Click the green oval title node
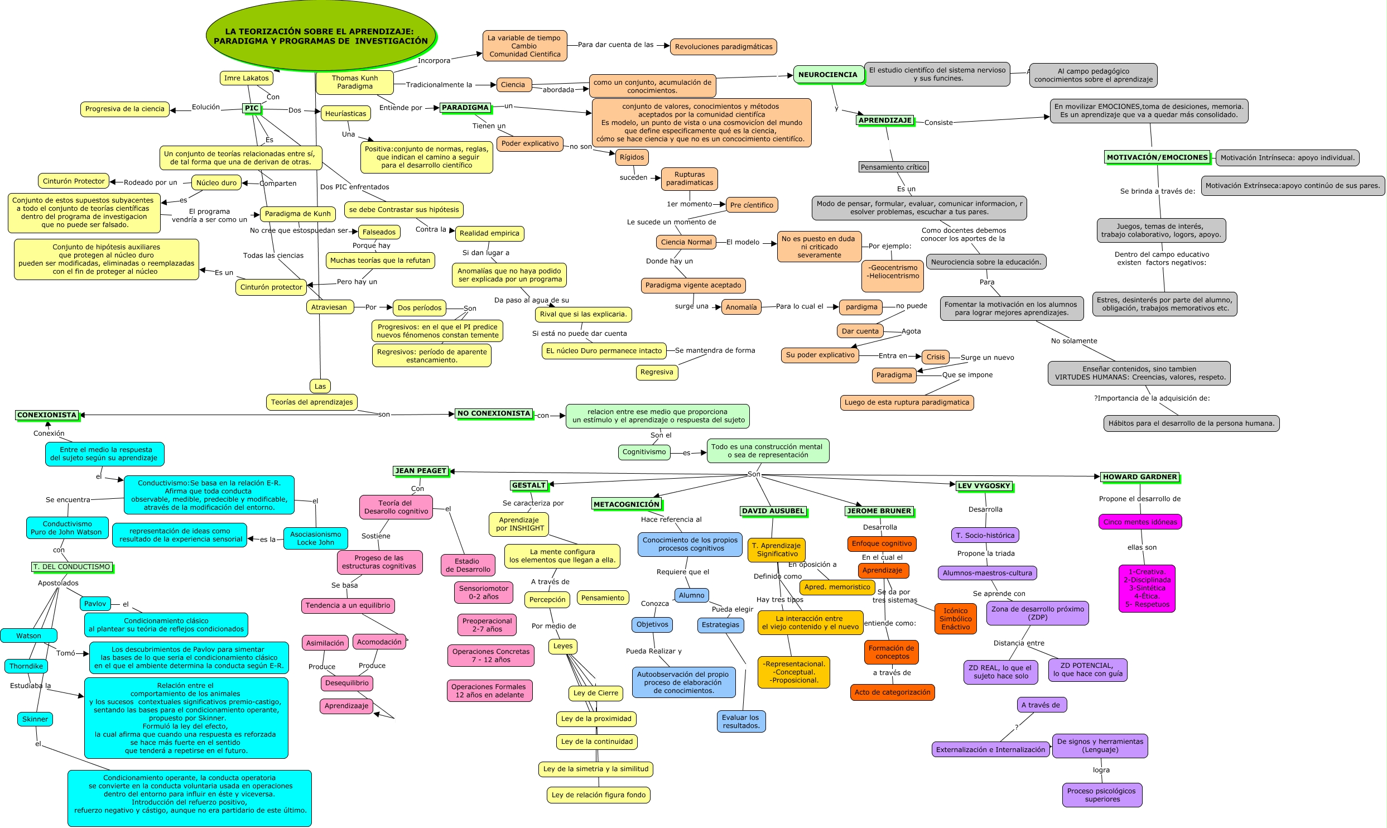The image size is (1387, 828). point(320,36)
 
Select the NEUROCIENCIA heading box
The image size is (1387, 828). point(827,75)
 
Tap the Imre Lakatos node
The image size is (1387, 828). point(246,78)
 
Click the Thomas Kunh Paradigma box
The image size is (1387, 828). point(354,83)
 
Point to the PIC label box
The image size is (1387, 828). point(252,108)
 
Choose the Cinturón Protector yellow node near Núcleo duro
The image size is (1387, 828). point(74,181)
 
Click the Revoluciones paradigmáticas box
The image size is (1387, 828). point(723,47)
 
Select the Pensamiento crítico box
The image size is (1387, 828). point(893,167)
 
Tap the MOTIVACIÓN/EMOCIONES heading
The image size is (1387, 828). point(1157,158)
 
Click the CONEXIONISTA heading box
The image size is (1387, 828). point(47,415)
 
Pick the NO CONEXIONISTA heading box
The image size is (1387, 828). point(493,413)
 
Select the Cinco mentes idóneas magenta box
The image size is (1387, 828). point(1140,522)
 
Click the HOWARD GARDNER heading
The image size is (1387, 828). point(1139,477)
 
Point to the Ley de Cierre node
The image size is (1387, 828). point(596,693)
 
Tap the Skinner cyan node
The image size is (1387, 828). point(35,719)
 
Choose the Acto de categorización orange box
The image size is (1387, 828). point(892,692)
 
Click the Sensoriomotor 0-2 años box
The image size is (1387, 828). point(483,593)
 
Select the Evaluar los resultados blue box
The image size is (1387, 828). point(740,721)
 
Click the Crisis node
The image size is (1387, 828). point(936,357)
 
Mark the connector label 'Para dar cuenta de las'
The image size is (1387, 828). point(615,45)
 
